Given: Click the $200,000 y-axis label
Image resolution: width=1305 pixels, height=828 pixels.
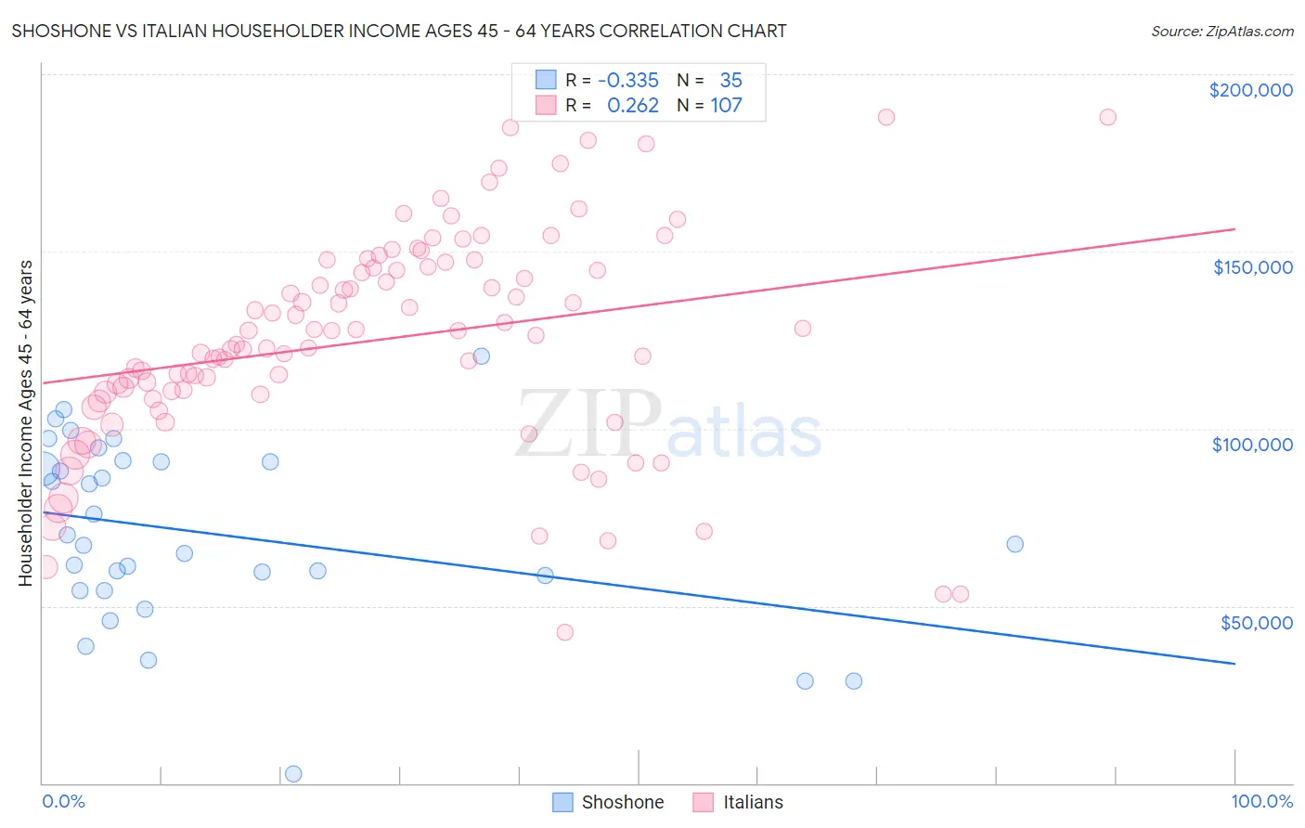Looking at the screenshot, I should [1250, 90].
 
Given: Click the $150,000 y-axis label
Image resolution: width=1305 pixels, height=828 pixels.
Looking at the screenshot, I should [1252, 267].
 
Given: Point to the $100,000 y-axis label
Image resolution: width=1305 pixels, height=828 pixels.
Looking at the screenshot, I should [1252, 445].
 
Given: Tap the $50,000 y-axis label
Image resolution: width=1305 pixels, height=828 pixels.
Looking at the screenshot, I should [1256, 622].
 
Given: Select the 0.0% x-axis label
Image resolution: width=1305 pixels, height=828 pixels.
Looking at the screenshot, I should [63, 801].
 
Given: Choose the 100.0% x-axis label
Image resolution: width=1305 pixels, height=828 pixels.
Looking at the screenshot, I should [1261, 801].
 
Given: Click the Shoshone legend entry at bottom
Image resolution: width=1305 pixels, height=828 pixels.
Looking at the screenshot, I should [609, 802].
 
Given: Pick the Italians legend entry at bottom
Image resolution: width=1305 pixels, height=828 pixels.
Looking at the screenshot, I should [739, 802].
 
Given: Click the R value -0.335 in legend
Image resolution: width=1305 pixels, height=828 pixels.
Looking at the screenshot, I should [627, 81].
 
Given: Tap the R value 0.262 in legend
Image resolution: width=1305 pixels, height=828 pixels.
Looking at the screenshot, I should [632, 106].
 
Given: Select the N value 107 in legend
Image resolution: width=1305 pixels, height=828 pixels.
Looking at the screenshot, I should [726, 106].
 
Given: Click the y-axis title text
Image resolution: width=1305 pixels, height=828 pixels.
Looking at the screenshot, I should [25, 423].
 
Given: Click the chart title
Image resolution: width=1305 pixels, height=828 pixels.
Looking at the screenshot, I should [399, 31].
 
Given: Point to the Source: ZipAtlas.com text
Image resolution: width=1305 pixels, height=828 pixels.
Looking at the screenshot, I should [1221, 31].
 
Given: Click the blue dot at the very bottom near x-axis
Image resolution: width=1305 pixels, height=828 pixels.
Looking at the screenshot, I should [293, 773].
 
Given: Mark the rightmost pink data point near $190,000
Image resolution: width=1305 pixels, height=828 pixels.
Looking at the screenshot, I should [1107, 117].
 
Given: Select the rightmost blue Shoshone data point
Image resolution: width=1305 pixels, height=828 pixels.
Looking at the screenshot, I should [1014, 544].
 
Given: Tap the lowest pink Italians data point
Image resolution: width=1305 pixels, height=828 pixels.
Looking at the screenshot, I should [564, 632].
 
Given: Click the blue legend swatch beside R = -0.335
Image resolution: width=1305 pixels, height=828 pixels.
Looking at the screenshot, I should [546, 81].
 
